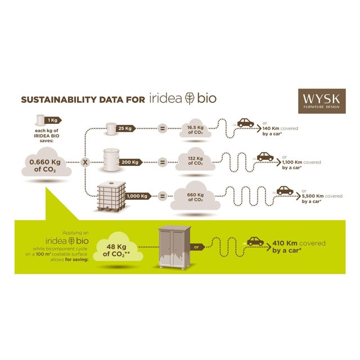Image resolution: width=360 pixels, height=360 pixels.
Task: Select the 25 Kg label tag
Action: click(125, 128)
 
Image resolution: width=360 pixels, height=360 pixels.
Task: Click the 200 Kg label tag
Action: click(130, 162)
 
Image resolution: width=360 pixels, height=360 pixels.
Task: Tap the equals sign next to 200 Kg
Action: click(163, 162)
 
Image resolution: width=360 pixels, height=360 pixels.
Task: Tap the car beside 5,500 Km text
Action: click(285, 190)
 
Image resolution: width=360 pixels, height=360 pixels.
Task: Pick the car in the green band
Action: click(255, 241)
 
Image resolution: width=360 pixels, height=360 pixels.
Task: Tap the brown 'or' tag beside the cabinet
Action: click(197, 246)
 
